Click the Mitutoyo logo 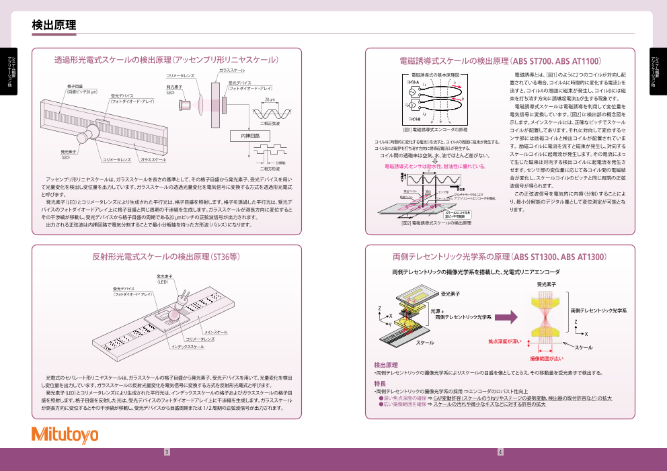65,435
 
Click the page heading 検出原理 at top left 54,25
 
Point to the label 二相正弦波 270,124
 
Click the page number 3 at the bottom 167,452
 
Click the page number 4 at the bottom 500,452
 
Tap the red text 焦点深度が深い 504,341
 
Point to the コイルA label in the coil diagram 413,81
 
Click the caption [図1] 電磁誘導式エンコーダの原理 435,129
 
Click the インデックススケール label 188,347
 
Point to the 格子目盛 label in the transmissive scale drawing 75,87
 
